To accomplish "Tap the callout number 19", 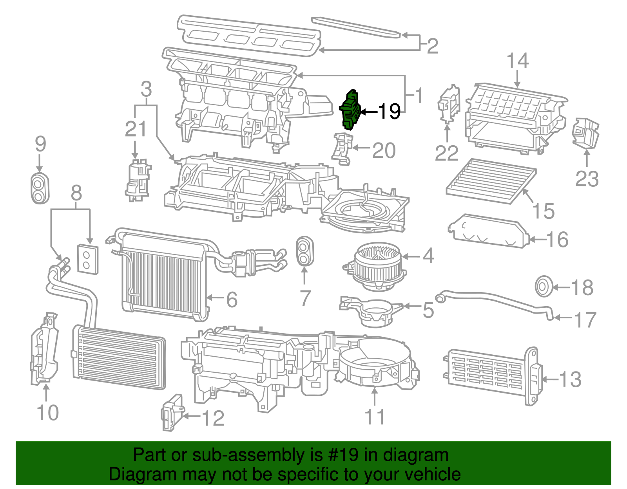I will click(389, 112).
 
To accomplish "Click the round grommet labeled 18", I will click(544, 287).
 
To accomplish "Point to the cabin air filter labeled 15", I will click(491, 180).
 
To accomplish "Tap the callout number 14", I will click(517, 61).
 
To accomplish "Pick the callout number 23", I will click(587, 179).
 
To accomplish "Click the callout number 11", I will click(375, 417).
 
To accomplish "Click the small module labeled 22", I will click(448, 104).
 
